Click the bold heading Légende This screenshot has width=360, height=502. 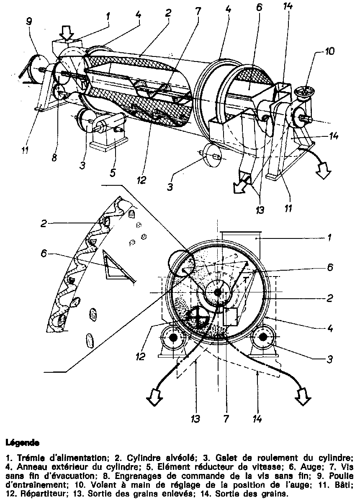[23, 442]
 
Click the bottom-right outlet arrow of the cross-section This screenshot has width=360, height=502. [302, 396]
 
